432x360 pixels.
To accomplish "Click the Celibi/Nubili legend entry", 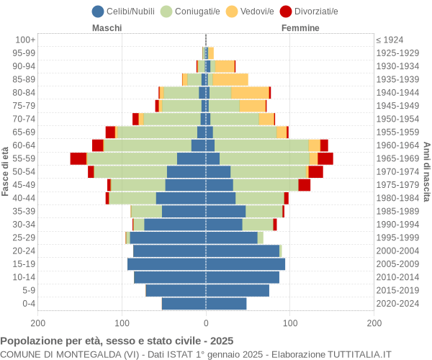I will coord(126,11).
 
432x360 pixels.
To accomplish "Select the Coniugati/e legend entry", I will coord(191,11).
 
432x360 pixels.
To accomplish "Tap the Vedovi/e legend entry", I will coord(256,11).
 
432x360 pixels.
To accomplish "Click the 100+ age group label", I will coord(25,40).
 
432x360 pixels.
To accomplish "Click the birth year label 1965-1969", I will coord(397,158).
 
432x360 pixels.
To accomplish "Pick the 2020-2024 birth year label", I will coord(397,304).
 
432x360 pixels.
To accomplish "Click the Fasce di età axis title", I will coord(6,171).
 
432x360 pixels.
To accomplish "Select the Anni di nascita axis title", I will coord(426,171).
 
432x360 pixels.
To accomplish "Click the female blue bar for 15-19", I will coord(246,264).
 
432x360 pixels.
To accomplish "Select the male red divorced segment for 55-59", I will coord(78,158).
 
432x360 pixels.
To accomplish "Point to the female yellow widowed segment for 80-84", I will coord(250,92).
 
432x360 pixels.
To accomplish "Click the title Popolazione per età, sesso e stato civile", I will coord(117,341).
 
